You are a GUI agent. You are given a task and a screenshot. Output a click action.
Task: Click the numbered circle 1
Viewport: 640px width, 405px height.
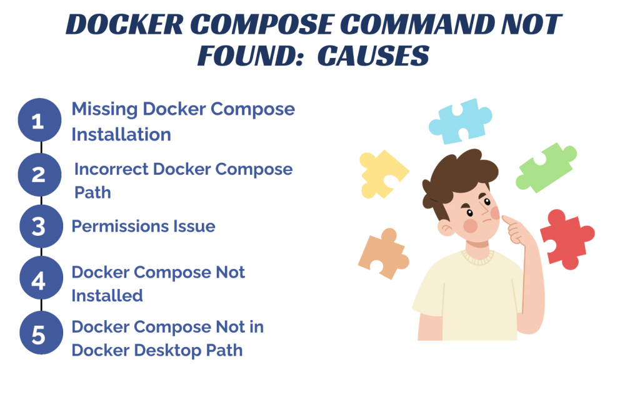point(39,120)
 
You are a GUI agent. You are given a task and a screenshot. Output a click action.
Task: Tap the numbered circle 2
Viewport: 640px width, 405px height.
point(39,174)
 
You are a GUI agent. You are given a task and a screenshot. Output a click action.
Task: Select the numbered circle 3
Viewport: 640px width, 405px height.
point(39,226)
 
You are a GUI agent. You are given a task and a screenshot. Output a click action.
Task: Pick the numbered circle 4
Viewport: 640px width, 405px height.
point(39,281)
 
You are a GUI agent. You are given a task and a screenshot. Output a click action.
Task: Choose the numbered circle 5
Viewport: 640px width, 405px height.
point(39,334)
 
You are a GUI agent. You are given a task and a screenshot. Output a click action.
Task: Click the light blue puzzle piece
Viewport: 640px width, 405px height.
point(460,120)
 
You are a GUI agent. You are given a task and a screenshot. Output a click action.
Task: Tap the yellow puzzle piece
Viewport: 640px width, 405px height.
point(382,172)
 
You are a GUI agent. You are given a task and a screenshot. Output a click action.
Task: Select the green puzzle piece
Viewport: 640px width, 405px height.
point(546,167)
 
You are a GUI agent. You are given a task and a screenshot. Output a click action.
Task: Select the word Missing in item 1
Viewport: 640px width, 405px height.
point(104,109)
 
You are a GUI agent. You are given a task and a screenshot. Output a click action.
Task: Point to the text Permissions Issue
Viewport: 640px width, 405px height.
point(143,226)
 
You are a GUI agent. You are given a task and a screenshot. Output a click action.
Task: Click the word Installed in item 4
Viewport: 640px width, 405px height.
point(107,295)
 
